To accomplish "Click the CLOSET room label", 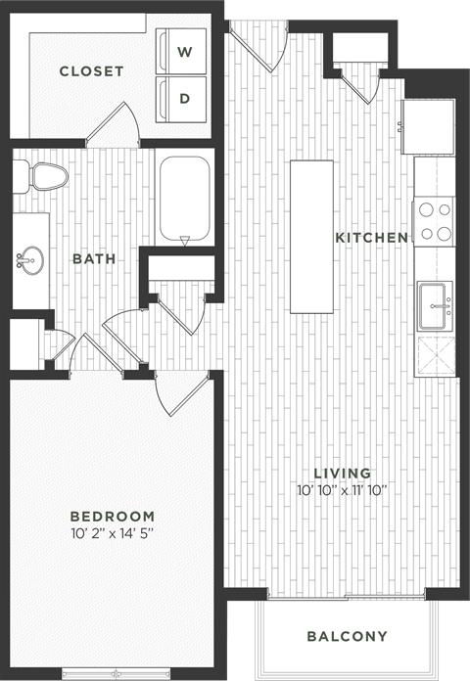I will click(x=91, y=71).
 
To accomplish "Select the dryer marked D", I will click(x=183, y=98).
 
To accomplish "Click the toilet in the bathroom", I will click(x=44, y=176).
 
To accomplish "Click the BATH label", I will click(x=94, y=259).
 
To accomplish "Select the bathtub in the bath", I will click(x=185, y=200).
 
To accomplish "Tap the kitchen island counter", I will click(x=310, y=235).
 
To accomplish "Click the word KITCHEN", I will click(x=371, y=238).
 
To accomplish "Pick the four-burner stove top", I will click(x=434, y=221).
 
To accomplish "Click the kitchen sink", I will click(x=435, y=304).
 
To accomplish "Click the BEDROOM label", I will click(x=113, y=516).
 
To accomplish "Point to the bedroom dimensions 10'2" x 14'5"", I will click(x=113, y=533).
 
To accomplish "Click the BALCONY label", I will click(x=347, y=636).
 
